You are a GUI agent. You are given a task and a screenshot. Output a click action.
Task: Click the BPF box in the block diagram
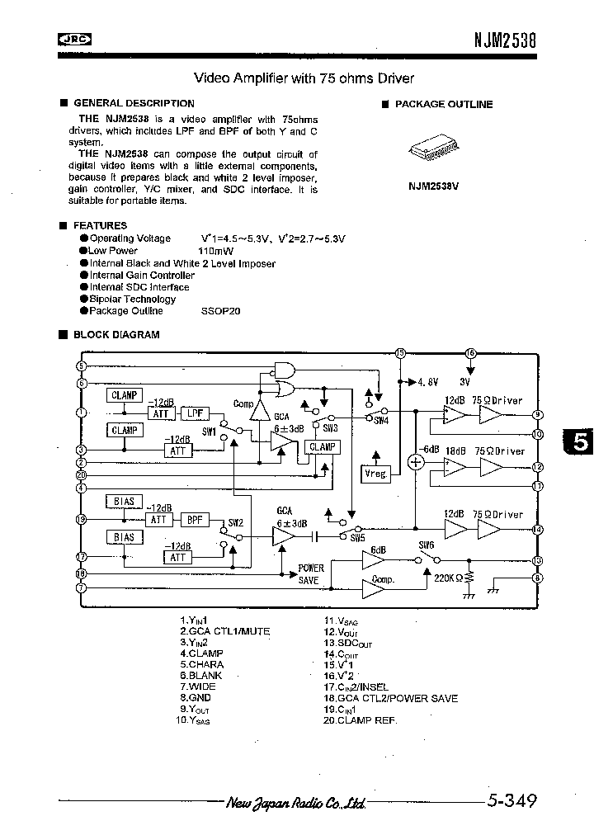[195, 520]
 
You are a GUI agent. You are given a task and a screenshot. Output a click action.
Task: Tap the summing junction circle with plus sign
[417, 462]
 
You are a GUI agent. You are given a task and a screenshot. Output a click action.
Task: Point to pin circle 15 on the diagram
[400, 353]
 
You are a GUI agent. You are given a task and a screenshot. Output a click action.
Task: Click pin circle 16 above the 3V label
[471, 353]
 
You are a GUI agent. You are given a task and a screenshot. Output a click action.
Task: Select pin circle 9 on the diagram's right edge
[538, 416]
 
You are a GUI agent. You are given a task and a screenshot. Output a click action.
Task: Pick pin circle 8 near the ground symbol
[538, 578]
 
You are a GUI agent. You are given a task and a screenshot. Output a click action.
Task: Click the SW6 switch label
[426, 545]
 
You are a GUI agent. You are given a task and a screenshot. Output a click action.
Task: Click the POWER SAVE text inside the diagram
[311, 574]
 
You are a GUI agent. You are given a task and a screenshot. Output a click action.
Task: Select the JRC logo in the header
[74, 38]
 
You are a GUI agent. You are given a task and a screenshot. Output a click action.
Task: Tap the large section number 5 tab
[579, 443]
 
